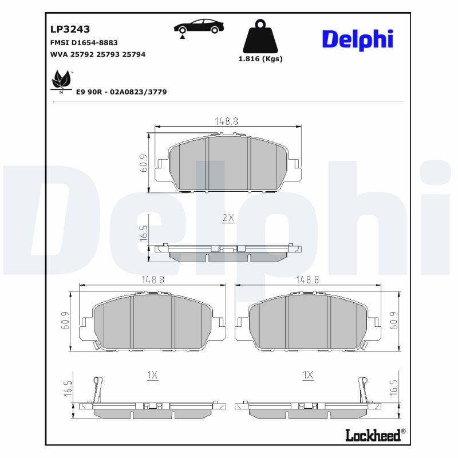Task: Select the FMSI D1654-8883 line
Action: tap(84, 43)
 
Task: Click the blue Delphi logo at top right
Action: tap(358, 38)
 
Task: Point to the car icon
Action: tap(199, 27)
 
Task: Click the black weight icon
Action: tap(260, 37)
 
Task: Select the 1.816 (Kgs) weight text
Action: tap(260, 59)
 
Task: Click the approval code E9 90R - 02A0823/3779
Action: tap(121, 92)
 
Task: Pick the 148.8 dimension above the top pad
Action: tap(227, 121)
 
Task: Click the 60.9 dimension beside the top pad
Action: tap(144, 163)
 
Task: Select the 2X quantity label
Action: tap(228, 218)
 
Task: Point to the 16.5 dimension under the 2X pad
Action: tap(144, 234)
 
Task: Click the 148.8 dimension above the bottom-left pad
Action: tap(153, 279)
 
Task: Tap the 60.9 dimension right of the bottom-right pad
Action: tap(393, 321)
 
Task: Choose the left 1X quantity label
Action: tap(152, 375)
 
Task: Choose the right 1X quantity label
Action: tap(308, 375)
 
